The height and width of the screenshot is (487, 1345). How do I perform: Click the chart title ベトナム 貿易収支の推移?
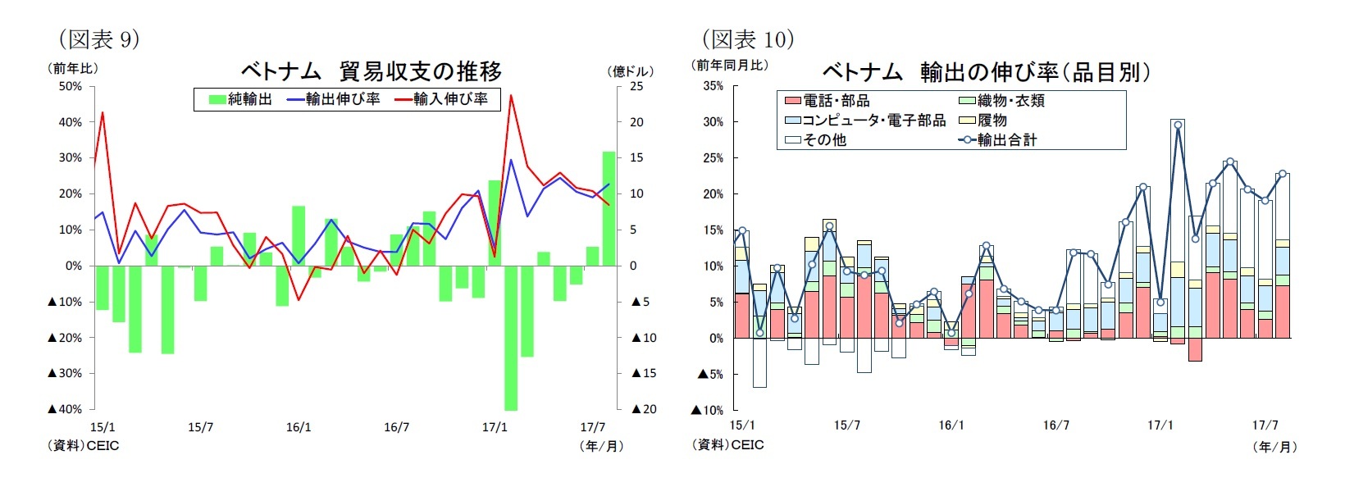pos(371,71)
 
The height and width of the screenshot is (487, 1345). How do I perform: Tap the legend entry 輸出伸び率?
pos(333,99)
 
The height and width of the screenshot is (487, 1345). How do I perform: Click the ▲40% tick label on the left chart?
pos(65,409)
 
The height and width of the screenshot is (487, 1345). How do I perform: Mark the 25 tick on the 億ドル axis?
pos(636,86)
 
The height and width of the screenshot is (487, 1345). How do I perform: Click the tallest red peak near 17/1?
pos(511,96)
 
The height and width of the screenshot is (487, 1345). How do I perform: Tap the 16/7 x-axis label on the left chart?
pos(397,427)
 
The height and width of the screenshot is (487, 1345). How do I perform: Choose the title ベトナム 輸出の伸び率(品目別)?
pos(986,72)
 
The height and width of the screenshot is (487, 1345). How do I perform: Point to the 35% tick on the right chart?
pos(713,86)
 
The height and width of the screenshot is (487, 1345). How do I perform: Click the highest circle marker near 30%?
pos(1178,125)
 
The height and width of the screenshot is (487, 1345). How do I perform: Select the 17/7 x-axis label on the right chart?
pos(1265,425)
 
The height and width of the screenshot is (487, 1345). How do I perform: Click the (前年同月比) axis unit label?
pos(730,65)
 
